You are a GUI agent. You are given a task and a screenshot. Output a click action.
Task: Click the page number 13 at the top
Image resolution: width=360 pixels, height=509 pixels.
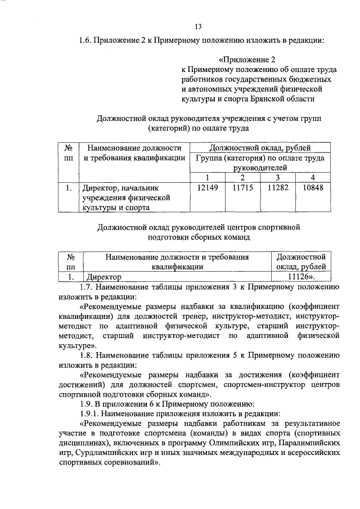pyautogui.click(x=198, y=26)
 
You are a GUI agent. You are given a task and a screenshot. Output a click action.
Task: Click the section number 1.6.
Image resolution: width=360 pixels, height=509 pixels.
pyautogui.click(x=85, y=40)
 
